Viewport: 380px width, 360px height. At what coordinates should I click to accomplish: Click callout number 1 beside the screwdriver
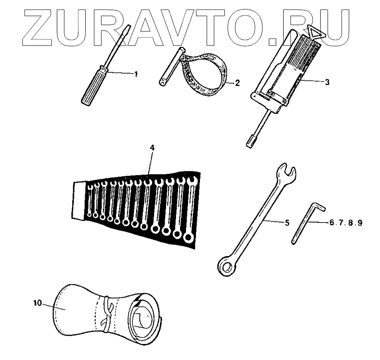tap(135, 73)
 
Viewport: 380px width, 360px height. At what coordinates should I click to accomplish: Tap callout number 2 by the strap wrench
tap(237, 83)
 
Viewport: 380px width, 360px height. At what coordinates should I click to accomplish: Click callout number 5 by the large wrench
tap(287, 223)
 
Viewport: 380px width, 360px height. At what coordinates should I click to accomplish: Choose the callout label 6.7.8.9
tap(345, 223)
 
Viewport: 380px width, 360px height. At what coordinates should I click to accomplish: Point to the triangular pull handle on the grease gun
tap(315, 32)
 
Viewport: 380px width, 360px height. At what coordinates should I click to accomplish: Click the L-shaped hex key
tap(304, 220)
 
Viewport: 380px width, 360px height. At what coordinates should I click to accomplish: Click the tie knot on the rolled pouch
tap(106, 312)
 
